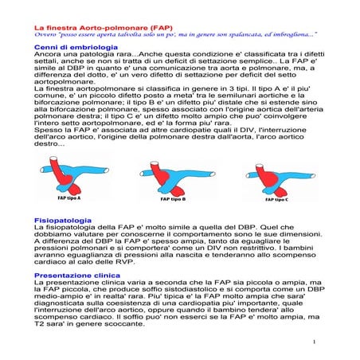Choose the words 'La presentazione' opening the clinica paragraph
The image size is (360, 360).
pos(68,284)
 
